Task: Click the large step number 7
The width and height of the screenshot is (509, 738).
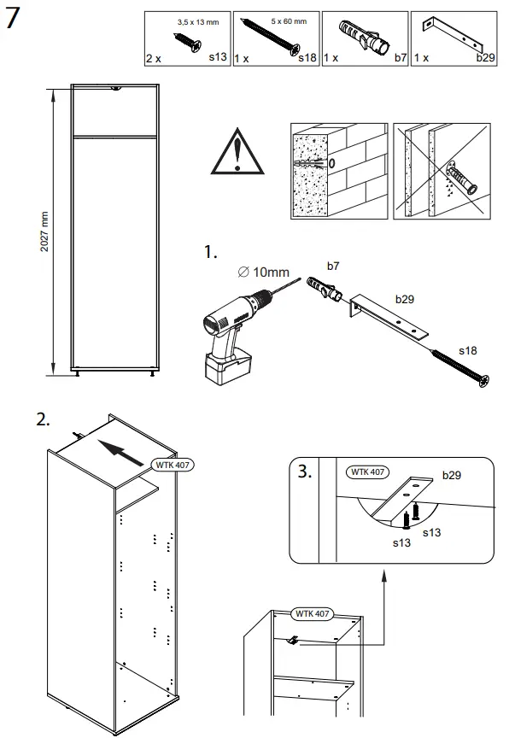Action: pos(14,20)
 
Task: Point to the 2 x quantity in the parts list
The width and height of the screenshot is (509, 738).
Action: pos(153,58)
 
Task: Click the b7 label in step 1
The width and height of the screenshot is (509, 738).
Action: pos(334,266)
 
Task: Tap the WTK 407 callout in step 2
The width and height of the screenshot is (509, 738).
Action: pos(172,465)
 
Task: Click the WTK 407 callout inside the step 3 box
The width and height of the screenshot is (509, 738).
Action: pos(366,471)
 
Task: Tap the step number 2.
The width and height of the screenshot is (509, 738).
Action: pos(43,419)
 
